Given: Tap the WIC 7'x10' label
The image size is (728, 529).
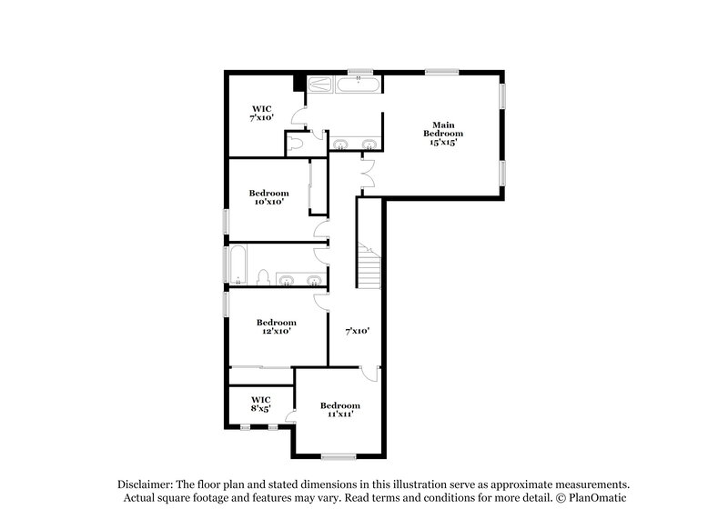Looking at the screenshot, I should point(262,113).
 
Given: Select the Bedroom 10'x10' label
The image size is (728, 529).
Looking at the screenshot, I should point(269,197).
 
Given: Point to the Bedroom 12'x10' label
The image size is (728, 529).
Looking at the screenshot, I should point(276,327).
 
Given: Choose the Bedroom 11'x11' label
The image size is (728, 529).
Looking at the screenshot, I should point(339,410).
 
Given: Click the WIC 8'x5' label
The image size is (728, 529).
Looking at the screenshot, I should point(261,404).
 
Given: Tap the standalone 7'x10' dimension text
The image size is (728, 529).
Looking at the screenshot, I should point(356,331).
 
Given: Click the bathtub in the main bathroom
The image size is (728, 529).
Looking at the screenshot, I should point(359,85).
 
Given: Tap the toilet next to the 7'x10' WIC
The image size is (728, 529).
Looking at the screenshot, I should point(296,143).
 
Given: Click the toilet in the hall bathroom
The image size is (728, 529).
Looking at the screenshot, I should point(262,277).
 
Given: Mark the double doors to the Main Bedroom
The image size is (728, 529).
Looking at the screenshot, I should point(368,173).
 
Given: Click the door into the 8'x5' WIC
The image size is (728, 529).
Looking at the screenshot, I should point(290,416).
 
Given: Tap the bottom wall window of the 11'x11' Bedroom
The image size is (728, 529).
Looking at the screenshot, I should point(338,455).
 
